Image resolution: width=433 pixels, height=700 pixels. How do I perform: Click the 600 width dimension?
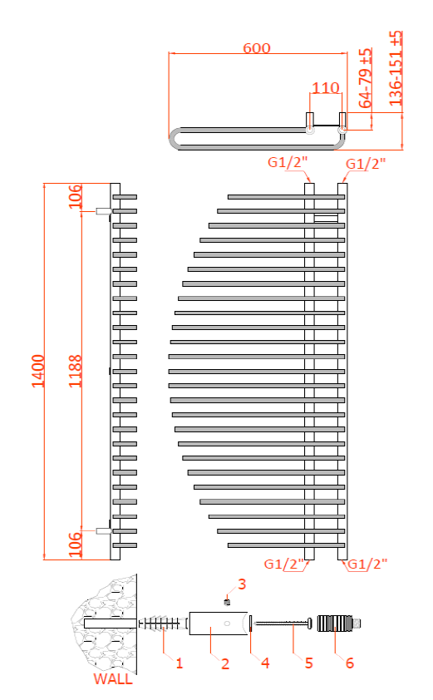coord(257,48)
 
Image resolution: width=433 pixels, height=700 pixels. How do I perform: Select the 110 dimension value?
coord(327,88)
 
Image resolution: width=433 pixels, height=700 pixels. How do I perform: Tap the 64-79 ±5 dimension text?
coord(366,77)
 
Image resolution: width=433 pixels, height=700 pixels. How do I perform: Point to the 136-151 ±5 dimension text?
coord(396,66)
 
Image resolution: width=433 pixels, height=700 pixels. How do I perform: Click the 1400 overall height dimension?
coord(37,370)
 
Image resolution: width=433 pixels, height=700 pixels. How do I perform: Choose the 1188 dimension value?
coord(76,370)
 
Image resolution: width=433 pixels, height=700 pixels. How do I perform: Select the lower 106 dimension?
coord(76,545)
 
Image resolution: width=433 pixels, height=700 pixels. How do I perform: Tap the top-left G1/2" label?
coord(288,163)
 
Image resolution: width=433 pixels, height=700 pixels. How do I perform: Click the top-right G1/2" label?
coord(366,164)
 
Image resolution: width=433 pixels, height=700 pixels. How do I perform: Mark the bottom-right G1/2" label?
coord(367,564)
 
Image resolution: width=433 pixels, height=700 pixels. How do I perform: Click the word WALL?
coord(112,679)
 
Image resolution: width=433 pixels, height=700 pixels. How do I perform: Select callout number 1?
coord(178,663)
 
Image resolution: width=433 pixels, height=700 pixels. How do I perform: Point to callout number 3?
coord(242,584)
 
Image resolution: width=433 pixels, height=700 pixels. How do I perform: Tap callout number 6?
coord(349,663)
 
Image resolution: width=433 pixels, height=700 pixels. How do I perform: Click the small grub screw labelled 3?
coord(226,600)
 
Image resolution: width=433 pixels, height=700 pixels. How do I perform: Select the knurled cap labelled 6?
coord(334,623)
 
